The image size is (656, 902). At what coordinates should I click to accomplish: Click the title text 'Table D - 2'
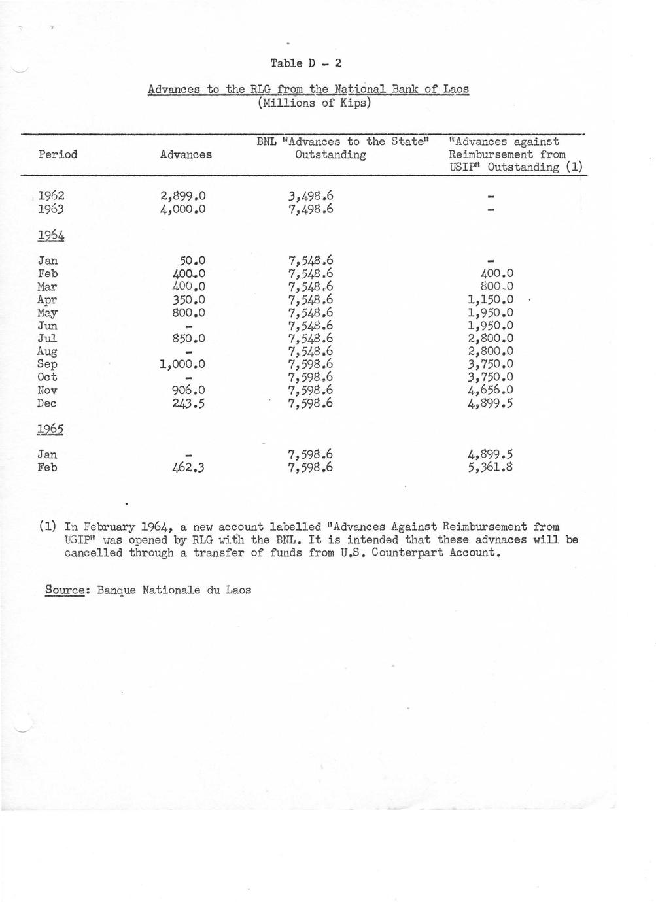pos(305,63)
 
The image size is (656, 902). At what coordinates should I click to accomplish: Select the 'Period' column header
pos(58,154)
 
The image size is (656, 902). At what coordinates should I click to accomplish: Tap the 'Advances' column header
pos(186,155)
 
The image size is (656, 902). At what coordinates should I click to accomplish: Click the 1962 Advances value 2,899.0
pos(182,195)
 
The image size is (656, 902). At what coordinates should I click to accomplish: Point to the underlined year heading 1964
pos(50,235)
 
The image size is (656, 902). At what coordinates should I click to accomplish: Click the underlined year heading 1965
pos(50,429)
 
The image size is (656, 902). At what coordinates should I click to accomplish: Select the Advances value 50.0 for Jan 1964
pos(192,261)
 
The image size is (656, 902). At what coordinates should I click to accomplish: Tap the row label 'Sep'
pos(47,364)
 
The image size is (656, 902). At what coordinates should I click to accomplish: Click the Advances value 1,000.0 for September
pos(182,364)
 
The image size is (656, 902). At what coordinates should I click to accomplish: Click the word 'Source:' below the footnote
pos(65,590)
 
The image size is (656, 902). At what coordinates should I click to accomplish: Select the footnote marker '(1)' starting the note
pos(46,527)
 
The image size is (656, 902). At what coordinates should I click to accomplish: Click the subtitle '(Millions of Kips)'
pos(305,103)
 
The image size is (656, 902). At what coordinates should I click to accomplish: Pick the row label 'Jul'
pos(47,339)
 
